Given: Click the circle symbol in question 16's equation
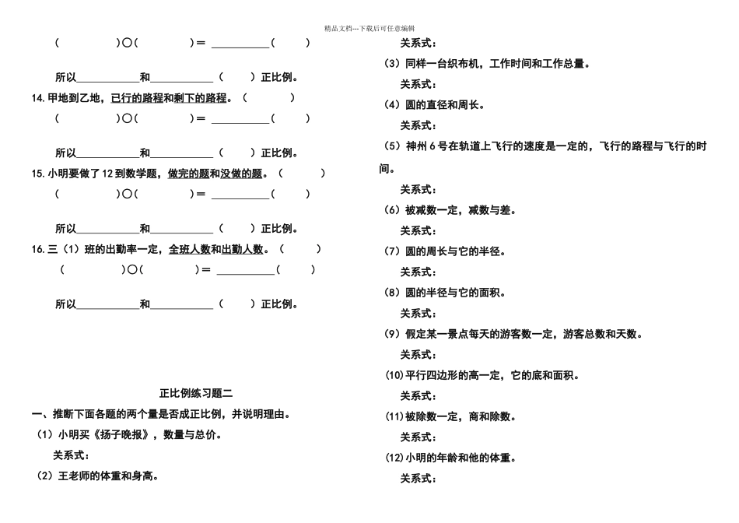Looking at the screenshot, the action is [132, 270].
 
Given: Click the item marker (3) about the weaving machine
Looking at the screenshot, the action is [393, 64].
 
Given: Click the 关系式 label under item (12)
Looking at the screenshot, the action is [418, 478].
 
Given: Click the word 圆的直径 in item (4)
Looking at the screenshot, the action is [426, 105].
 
